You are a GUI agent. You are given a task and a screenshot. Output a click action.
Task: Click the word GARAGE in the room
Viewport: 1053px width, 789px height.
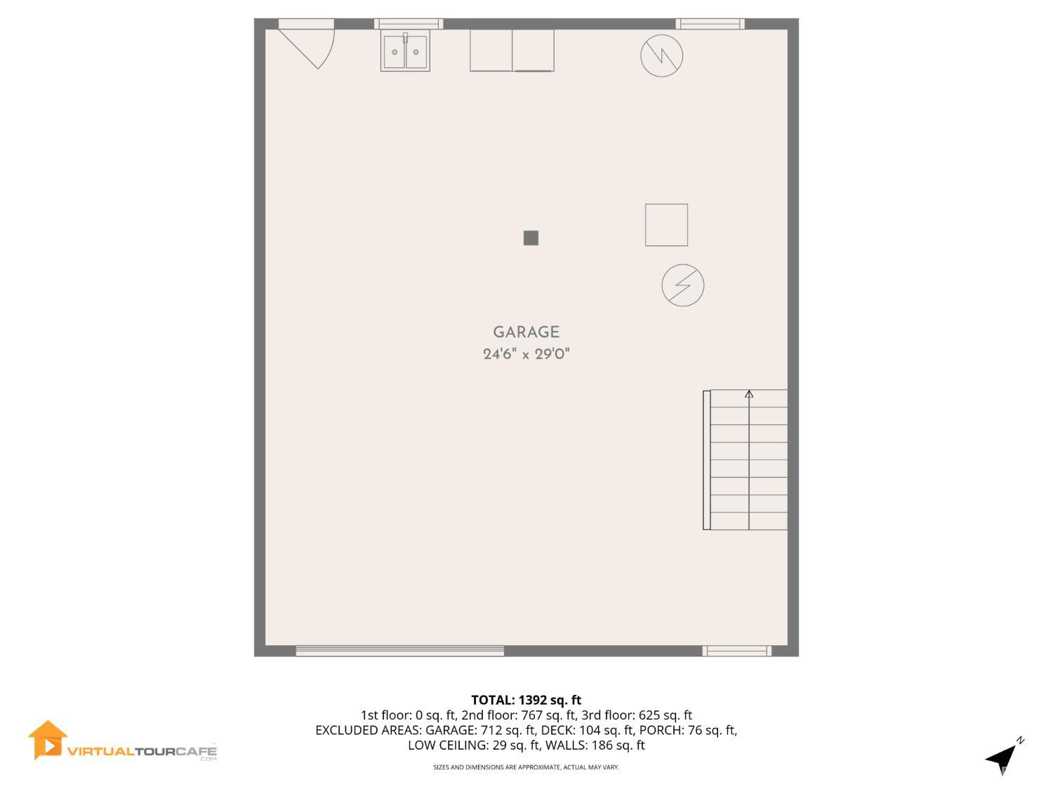[x=526, y=332]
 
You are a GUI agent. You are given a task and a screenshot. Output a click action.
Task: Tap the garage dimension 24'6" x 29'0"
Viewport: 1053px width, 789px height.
[x=526, y=354]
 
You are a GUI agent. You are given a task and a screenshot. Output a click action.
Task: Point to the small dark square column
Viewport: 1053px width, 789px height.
[x=531, y=238]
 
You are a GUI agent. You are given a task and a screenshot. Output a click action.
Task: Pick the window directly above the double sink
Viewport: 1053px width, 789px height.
[x=409, y=24]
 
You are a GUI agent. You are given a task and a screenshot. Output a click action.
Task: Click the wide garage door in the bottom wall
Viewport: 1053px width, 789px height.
[x=399, y=651]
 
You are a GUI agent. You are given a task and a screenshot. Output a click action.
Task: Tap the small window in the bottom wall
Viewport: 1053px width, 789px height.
[x=737, y=651]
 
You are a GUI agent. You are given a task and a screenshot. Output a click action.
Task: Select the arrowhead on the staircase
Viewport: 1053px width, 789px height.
[x=749, y=394]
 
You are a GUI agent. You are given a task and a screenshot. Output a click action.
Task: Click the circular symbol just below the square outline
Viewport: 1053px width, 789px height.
[x=682, y=285]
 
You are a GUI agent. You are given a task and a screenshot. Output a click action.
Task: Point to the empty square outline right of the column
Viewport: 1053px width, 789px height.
[x=666, y=225]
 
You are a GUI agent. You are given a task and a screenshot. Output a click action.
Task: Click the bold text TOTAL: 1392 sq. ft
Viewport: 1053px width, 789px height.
[x=526, y=700]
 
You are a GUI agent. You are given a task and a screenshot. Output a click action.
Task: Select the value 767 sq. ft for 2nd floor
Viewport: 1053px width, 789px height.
[x=548, y=715]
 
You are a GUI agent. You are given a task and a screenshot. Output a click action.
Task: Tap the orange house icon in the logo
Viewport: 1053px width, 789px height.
[x=47, y=741]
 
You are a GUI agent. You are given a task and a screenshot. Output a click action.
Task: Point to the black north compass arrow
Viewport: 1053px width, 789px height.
[x=1002, y=760]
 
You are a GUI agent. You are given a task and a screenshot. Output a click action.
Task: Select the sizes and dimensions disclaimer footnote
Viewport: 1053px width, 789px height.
[x=526, y=767]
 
